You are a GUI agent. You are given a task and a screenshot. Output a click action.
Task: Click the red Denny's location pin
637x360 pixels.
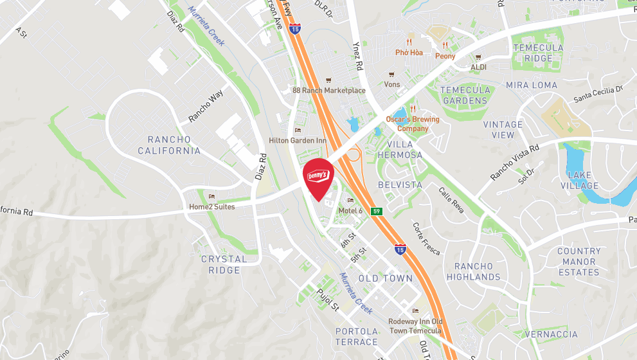(318, 177)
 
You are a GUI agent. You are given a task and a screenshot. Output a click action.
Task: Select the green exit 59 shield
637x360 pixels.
(377, 211)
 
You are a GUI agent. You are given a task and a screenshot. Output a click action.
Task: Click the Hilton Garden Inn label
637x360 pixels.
(297, 140)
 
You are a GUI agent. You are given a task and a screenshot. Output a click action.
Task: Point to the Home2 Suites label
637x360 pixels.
(211, 206)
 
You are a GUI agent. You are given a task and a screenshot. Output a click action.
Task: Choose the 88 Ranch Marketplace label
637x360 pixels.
(328, 91)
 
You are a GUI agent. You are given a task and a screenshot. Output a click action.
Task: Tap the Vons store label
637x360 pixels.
(391, 84)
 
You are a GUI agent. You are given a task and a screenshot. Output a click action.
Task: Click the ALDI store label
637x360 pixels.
(479, 66)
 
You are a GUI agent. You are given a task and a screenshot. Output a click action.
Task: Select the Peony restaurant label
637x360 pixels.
(445, 56)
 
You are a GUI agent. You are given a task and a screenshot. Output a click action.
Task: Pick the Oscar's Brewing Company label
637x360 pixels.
(412, 123)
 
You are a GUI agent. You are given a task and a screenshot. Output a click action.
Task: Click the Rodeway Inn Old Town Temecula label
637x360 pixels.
(415, 325)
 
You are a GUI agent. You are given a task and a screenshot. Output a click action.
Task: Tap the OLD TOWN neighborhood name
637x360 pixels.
(385, 278)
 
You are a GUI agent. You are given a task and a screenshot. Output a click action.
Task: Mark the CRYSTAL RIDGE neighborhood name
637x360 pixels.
(224, 264)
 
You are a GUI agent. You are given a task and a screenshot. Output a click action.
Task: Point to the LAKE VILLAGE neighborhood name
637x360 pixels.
(579, 180)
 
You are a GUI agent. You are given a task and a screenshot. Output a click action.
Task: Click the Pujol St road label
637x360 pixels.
(328, 300)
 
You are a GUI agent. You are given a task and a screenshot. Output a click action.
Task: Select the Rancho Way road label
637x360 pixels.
(206, 107)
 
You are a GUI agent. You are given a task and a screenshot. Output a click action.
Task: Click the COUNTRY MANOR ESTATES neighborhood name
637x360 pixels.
(579, 262)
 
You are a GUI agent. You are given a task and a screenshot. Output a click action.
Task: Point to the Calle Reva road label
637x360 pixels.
(451, 199)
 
